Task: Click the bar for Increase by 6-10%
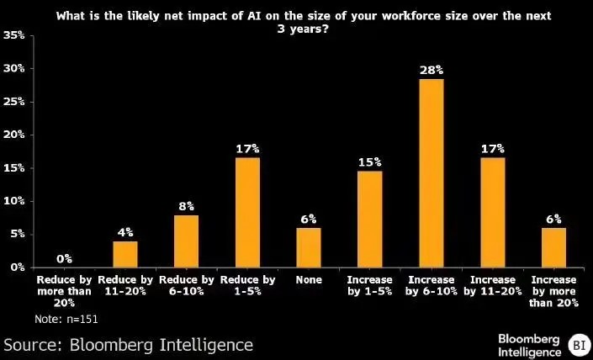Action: click(x=431, y=172)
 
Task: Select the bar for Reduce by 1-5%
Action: click(x=247, y=212)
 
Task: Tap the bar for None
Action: click(x=308, y=247)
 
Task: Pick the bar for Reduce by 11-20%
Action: click(x=125, y=254)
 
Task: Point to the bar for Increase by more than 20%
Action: click(x=553, y=247)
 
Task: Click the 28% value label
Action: click(x=431, y=69)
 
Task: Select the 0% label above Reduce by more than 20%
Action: click(x=64, y=258)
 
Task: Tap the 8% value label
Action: click(x=186, y=205)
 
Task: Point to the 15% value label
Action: click(x=369, y=161)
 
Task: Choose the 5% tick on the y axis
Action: click(x=17, y=234)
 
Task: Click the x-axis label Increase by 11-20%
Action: click(x=492, y=285)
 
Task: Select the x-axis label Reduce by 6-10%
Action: click(x=186, y=285)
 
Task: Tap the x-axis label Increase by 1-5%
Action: click(x=369, y=285)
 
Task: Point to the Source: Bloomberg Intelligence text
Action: click(x=128, y=345)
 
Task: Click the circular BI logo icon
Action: click(x=579, y=344)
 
